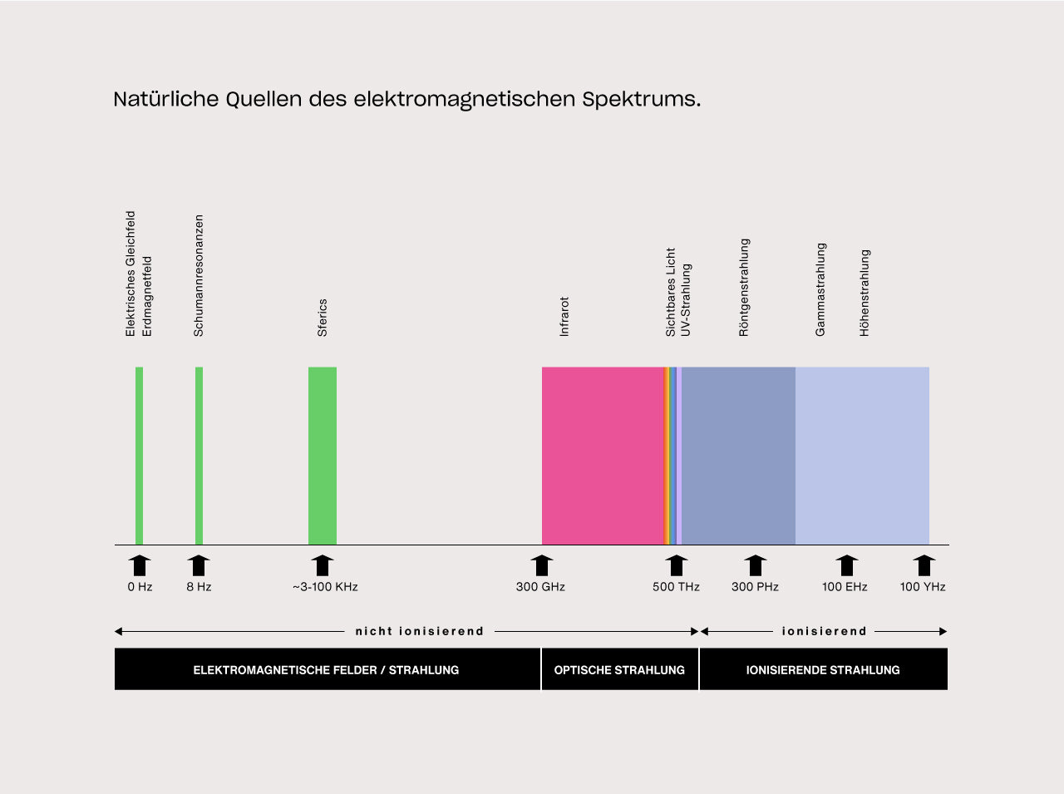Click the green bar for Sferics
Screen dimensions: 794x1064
(323, 456)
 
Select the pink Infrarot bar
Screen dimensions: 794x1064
(602, 456)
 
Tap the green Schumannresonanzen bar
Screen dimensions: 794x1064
(199, 456)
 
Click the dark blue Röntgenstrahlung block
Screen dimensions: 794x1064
(738, 456)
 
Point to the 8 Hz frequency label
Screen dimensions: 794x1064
(199, 587)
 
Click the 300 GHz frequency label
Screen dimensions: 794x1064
(540, 587)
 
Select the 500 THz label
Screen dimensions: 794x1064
(676, 587)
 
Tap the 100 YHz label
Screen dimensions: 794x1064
(923, 587)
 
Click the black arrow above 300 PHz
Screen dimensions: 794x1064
(755, 565)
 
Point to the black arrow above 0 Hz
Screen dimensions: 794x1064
(140, 565)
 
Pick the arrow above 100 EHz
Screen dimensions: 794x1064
(846, 565)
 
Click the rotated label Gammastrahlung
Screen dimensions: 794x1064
(820, 289)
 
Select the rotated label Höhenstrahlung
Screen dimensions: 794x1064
(864, 293)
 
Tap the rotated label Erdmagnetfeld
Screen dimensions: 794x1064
(147, 296)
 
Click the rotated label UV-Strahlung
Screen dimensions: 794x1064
(686, 300)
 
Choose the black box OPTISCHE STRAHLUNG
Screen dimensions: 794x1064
(619, 669)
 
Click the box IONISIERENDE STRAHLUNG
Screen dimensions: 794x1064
(823, 669)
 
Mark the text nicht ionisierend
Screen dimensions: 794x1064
(419, 631)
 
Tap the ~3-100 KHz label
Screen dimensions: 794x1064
(325, 587)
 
